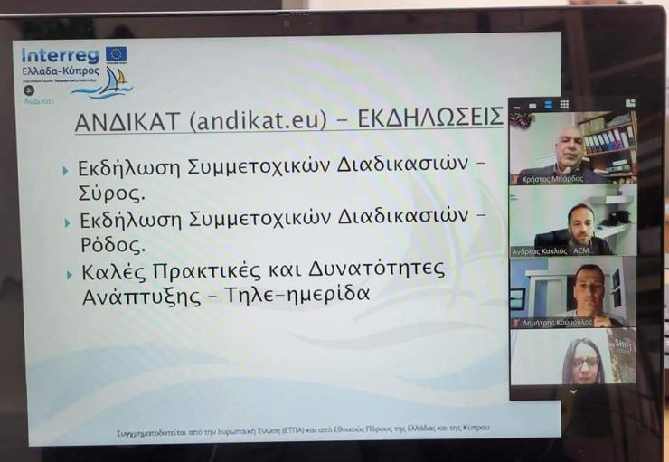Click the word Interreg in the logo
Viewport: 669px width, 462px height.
[61, 56]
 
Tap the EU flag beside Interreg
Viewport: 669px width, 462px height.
[116, 54]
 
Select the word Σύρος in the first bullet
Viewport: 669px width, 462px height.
[113, 193]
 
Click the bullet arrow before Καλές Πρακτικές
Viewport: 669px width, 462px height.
[65, 272]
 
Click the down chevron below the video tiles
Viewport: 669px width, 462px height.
[572, 391]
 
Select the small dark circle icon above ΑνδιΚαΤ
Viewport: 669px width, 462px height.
[29, 90]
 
